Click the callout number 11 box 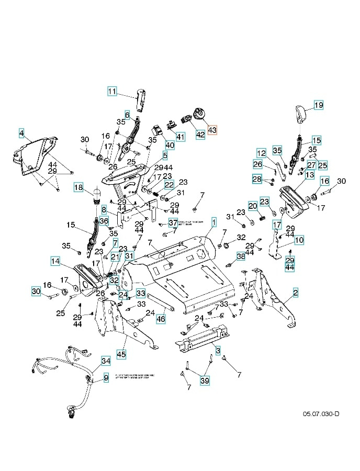point(112,92)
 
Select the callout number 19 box point(319,105)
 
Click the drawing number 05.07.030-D point(321,414)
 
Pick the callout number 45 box point(121,354)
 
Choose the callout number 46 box point(161,318)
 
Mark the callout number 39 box point(204,380)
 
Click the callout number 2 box point(296,293)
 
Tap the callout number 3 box point(217,349)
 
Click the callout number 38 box point(241,256)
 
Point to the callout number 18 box point(78,187)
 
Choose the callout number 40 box point(170,144)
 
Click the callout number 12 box point(262,153)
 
